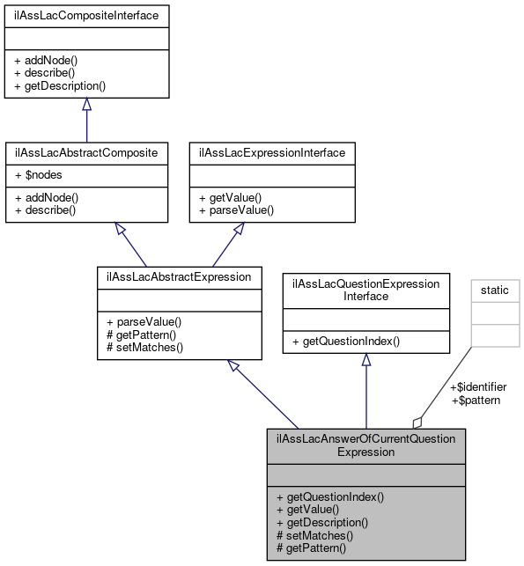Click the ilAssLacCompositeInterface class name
[x=86, y=15]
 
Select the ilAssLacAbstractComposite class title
[x=86, y=152]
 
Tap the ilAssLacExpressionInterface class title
[x=273, y=152]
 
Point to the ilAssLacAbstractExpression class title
[x=179, y=276]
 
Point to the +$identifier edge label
[x=478, y=386]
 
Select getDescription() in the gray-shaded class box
[x=321, y=522]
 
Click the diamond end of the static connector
[x=418, y=422]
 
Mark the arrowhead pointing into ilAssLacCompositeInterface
[x=86, y=105]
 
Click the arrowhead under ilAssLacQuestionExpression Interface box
[x=365, y=360]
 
